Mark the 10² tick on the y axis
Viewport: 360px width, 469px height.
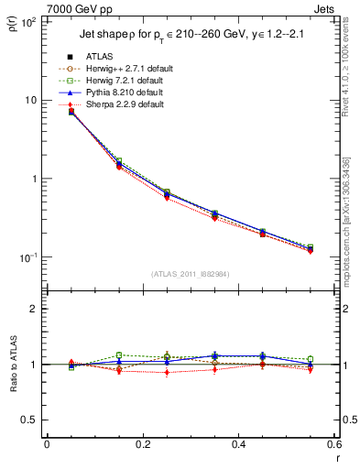(28, 21)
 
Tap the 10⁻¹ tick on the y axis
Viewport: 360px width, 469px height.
(28, 258)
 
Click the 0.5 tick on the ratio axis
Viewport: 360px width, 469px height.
(29, 420)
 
